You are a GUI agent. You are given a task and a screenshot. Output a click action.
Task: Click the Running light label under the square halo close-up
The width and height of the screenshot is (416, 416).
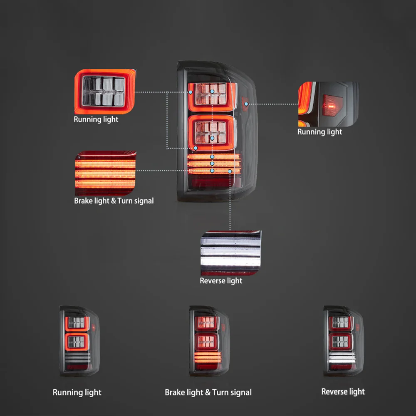coord(96,119)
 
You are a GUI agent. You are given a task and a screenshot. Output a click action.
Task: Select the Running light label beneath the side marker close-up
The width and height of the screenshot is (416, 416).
coord(319,132)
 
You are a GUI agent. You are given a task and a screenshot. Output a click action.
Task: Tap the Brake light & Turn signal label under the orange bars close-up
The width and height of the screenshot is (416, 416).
coord(114,201)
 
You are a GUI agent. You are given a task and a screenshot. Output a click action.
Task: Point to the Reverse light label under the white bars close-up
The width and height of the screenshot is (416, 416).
coord(221,281)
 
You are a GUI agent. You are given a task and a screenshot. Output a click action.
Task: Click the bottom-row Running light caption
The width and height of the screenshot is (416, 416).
coord(77,392)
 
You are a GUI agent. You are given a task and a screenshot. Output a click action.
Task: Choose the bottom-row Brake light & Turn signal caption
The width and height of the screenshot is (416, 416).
coord(208,392)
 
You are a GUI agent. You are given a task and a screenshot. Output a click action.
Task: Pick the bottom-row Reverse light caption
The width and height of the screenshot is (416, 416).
coord(343,391)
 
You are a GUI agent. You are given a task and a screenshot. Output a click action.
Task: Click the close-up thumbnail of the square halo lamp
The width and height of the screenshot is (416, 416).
coord(105,92)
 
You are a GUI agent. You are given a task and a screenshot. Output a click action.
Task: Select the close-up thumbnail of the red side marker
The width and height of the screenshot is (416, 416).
coord(328,104)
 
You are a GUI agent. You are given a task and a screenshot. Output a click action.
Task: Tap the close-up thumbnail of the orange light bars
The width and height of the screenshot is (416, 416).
coord(105,173)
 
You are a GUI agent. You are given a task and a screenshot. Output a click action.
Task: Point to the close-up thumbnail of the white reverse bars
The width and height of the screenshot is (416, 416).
coord(231,253)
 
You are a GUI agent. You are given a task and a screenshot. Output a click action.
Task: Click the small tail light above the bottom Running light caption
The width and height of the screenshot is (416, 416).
coord(79,341)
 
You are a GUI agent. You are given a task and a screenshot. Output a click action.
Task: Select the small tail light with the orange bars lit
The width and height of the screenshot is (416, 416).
coord(209,341)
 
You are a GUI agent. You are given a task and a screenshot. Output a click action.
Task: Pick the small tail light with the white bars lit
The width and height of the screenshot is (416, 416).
coord(343,341)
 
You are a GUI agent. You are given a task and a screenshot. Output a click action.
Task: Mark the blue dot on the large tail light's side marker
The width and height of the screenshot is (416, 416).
coord(246,104)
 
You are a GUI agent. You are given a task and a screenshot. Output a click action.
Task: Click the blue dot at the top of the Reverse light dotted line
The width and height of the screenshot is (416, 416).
coord(230,171)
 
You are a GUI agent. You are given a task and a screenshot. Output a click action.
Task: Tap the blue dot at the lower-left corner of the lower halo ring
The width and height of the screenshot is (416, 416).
coord(196,148)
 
